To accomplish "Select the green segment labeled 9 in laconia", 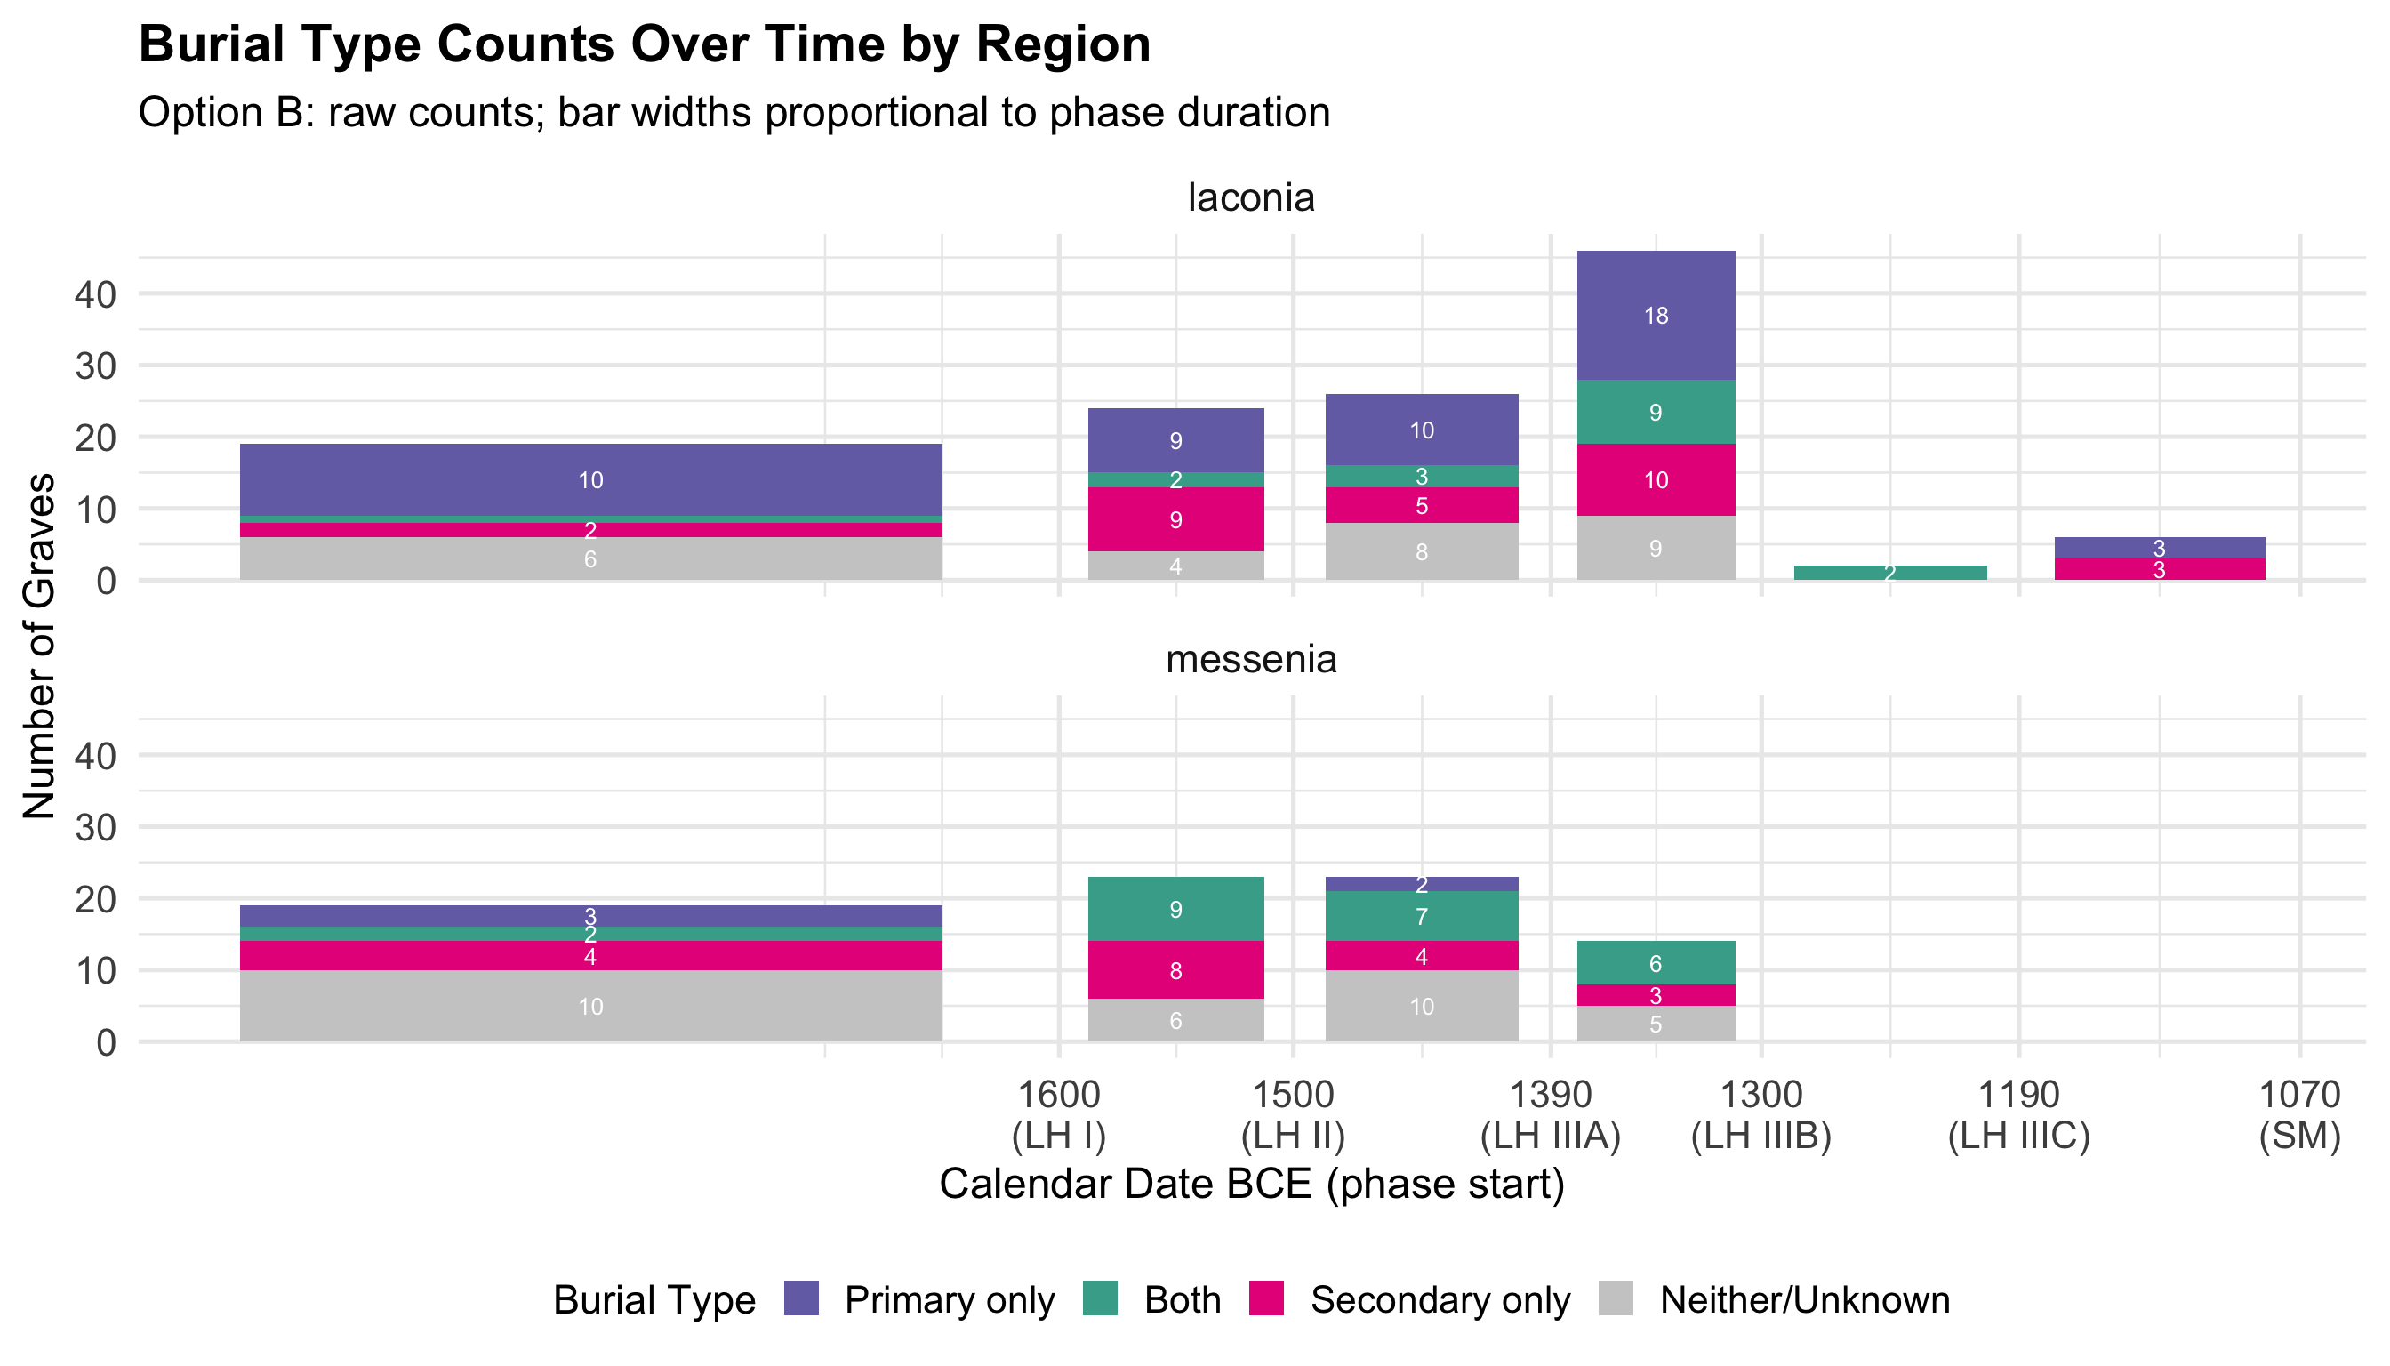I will click(x=1656, y=412).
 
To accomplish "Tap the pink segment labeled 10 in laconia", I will click(x=1656, y=480).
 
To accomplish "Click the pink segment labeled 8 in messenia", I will click(x=1175, y=970).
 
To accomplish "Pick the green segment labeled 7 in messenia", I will click(x=1421, y=916).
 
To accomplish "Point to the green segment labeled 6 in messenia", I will click(x=1656, y=962).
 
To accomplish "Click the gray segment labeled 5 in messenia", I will click(x=1656, y=1024).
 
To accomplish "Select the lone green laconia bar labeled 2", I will click(x=1890, y=573).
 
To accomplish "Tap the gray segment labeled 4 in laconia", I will click(x=1175, y=566).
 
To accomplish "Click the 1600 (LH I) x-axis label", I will click(x=1059, y=1114).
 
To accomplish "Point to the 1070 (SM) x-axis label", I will click(x=2299, y=1114).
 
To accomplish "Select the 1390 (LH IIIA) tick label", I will click(x=1551, y=1114).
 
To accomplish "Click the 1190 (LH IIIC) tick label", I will click(x=2018, y=1114).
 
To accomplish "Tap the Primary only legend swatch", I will click(x=801, y=1299).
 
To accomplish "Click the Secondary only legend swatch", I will click(x=1266, y=1299).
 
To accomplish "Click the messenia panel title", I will click(x=1251, y=660).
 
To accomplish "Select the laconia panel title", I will click(x=1251, y=198).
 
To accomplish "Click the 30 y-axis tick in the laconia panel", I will click(x=96, y=366).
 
